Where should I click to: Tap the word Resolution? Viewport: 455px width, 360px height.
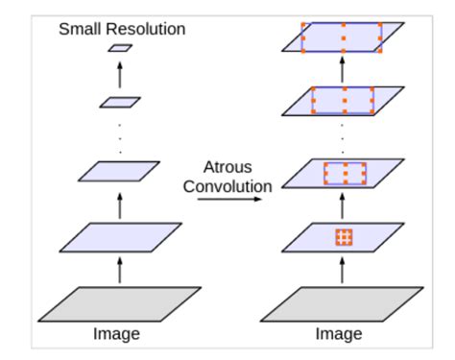[145, 28]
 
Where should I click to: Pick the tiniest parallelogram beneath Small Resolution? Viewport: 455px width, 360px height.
[120, 47]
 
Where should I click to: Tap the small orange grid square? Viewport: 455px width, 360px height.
[344, 237]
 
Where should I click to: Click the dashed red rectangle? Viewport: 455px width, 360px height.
[345, 174]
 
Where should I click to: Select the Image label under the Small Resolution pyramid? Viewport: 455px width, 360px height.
[118, 334]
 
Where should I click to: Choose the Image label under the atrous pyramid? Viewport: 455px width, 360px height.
[342, 334]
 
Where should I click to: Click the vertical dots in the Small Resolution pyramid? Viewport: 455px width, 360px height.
[120, 136]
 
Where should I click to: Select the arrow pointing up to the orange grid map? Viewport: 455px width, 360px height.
[344, 270]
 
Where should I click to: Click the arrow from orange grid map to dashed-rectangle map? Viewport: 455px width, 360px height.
[344, 205]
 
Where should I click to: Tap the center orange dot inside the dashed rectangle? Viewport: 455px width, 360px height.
[345, 174]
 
